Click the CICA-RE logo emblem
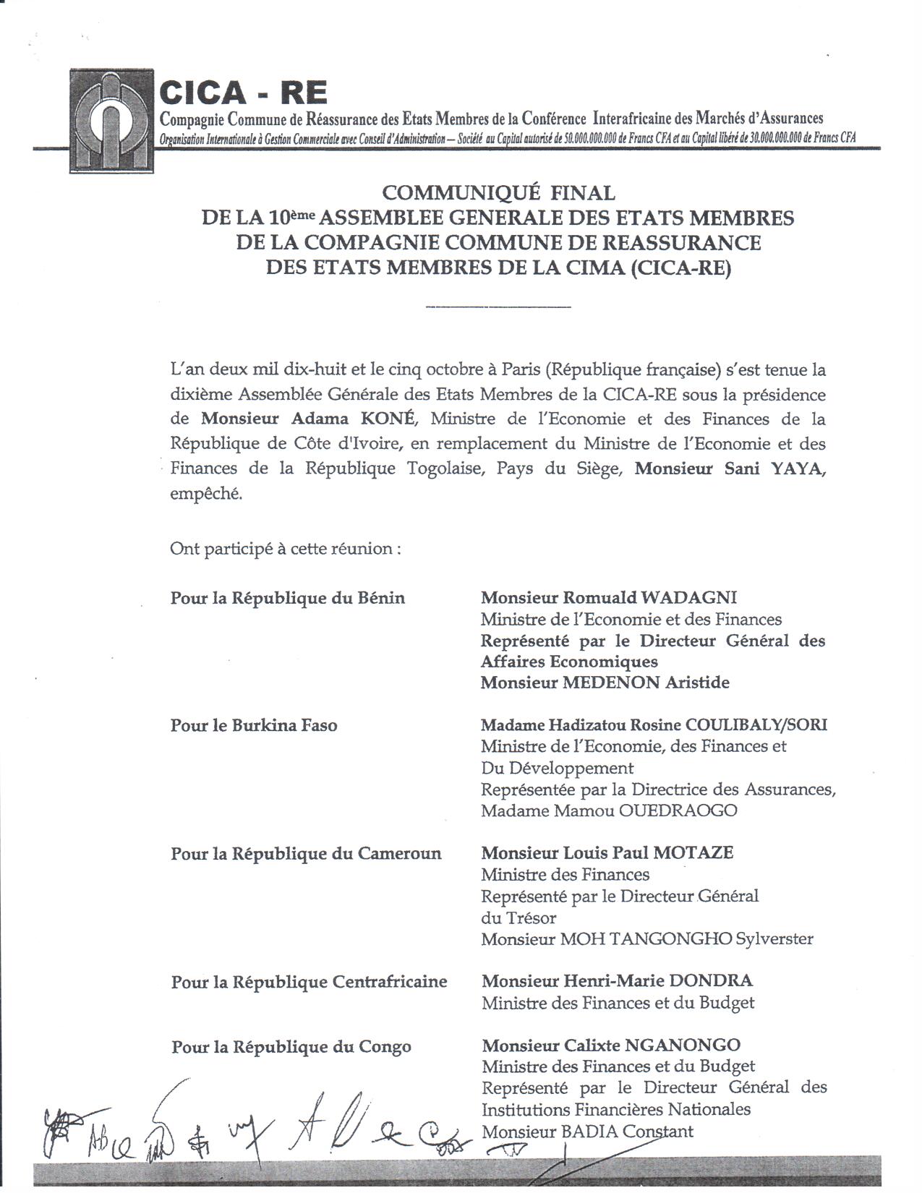click(112, 120)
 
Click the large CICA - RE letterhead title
click(243, 93)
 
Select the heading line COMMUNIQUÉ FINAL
click(498, 193)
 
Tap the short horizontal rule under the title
click(498, 307)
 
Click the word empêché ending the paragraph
click(206, 495)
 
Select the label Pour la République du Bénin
click(288, 598)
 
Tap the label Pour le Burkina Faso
click(254, 725)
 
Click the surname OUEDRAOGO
click(678, 811)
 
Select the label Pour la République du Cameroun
click(306, 854)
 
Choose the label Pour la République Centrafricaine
click(309, 982)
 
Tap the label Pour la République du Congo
click(291, 1046)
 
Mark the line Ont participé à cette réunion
click(286, 548)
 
